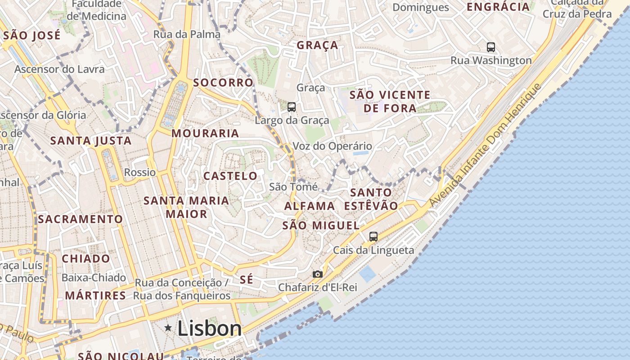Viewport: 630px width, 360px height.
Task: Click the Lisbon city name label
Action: pos(209,328)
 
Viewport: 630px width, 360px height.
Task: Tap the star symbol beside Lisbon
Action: pos(168,328)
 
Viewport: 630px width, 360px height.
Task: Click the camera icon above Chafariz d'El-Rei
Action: pos(318,274)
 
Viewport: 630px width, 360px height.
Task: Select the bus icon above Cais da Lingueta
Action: pos(373,236)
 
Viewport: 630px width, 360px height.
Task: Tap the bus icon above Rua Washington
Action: pos(491,47)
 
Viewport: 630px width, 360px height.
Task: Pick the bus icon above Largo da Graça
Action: pos(292,107)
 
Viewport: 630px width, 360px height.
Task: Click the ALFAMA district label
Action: pos(310,206)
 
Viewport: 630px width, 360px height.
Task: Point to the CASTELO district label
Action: pos(230,176)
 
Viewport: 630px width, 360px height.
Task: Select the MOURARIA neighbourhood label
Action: pos(205,133)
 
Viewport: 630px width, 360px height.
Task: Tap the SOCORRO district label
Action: pos(223,83)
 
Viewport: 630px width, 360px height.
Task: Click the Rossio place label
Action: pos(140,172)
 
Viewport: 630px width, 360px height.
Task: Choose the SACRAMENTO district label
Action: pos(80,219)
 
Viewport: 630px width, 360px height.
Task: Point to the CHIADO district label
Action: pos(85,259)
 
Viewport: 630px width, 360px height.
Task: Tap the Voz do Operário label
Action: pos(332,146)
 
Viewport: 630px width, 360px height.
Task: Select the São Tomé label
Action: pos(293,187)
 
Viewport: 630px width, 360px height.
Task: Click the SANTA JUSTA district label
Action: pos(91,141)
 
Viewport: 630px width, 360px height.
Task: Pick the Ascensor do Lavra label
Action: pos(59,69)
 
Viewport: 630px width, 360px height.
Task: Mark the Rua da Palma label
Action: pos(187,34)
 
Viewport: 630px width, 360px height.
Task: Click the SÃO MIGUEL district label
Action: pos(321,225)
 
